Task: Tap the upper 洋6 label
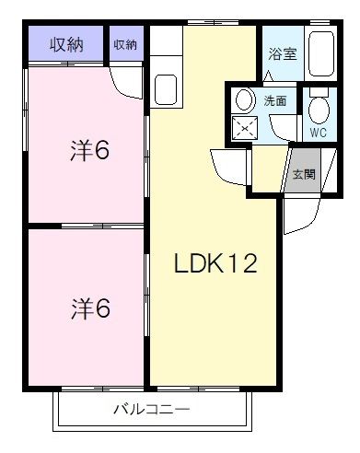coord(90,149)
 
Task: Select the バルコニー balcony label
coord(152,408)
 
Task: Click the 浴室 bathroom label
coord(282,53)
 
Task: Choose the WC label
coord(319,132)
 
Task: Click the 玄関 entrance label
coord(304,172)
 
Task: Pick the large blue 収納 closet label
coord(66,43)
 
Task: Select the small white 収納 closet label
coord(126,43)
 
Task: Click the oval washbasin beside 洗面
coord(244,99)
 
